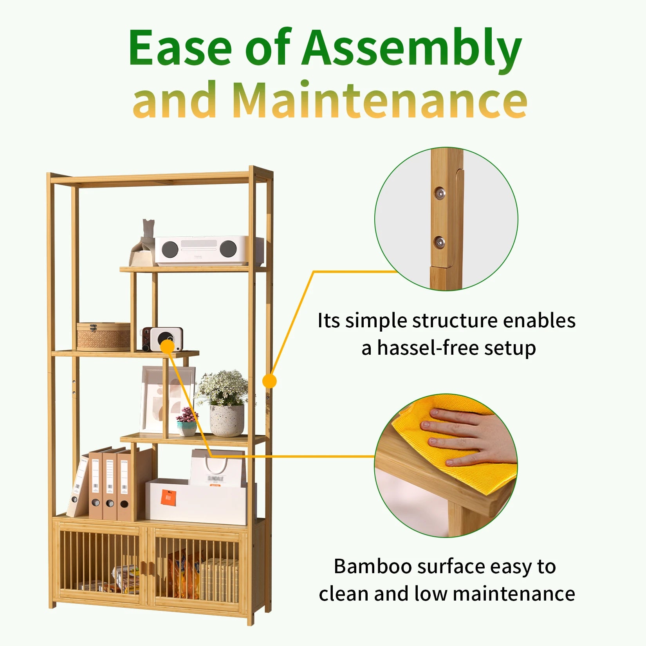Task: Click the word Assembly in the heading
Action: click(x=411, y=49)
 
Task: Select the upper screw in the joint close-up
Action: click(x=440, y=193)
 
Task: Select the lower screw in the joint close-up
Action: click(x=439, y=242)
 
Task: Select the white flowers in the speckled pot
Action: click(x=223, y=388)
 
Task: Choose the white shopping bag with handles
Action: click(x=218, y=468)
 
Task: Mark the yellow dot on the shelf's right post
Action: click(x=269, y=381)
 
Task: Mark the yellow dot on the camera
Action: click(x=167, y=346)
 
